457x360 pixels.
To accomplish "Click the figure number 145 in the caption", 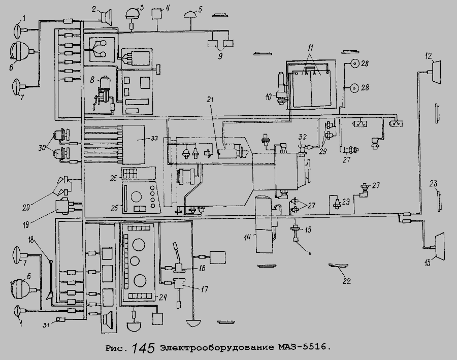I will [x=143, y=348].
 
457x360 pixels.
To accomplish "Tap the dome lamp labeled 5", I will [x=192, y=14].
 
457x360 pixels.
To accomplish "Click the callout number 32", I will [x=302, y=137].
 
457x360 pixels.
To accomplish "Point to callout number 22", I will [x=347, y=281].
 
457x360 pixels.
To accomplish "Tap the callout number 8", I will [x=92, y=79].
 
